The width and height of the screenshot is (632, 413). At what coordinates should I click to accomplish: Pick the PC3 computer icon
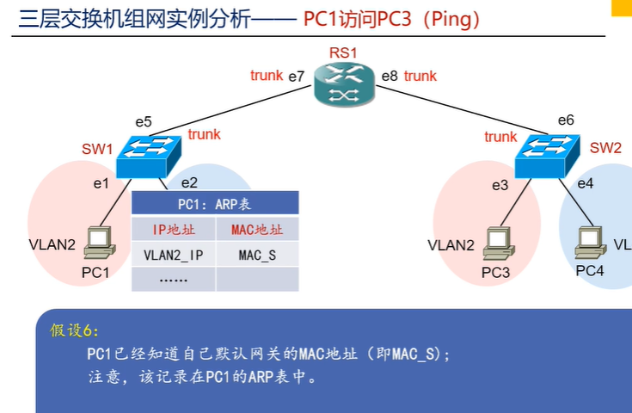[x=496, y=242]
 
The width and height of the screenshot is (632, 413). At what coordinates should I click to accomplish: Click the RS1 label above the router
[x=343, y=53]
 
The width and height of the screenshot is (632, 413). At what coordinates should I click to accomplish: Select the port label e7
[x=297, y=77]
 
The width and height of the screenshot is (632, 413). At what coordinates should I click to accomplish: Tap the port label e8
[x=390, y=77]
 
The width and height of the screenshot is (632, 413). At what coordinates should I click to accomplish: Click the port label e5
[x=143, y=121]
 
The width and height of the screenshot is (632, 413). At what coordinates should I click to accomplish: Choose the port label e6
[x=565, y=120]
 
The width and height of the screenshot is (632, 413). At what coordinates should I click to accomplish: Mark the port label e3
[x=500, y=185]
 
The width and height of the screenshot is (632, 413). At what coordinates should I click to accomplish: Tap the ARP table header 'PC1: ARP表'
[x=214, y=203]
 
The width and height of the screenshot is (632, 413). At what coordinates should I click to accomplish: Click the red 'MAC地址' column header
[x=257, y=230]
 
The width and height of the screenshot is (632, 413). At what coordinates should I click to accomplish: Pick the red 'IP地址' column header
[x=173, y=230]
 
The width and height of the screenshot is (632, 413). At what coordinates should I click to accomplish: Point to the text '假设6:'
[x=75, y=330]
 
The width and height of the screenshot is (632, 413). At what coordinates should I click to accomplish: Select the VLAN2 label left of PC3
[x=451, y=245]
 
